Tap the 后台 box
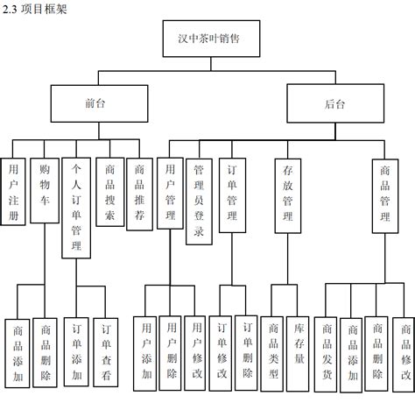(x=334, y=103)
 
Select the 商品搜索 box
(x=109, y=192)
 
